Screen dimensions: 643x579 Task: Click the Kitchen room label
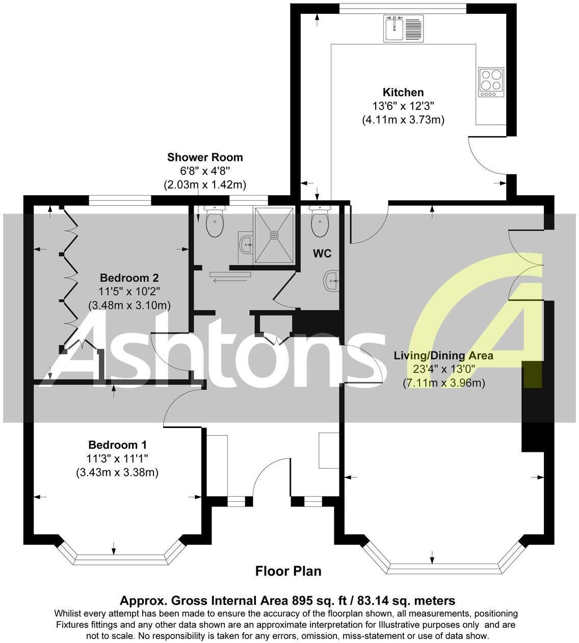403,92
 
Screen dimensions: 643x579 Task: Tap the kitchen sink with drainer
403,28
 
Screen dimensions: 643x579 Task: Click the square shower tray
275,235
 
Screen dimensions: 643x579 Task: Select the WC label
322,253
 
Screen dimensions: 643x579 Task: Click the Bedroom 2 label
129,278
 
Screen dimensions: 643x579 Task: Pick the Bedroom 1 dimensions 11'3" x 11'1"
117,459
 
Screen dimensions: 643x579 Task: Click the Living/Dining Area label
443,356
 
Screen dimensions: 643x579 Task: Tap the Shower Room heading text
205,157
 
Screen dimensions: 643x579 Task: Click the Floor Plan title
288,571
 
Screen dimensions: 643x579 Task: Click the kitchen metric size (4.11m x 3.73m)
403,120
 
